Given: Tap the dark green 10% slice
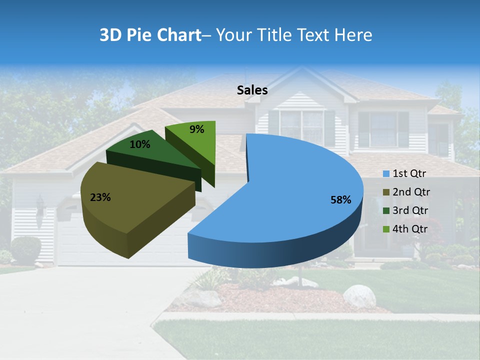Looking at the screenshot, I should [x=150, y=152].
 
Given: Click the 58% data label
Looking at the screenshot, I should [x=341, y=200].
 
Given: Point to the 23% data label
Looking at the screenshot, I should [x=100, y=197].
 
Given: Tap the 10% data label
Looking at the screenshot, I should [x=139, y=144].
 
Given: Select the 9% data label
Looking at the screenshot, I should [x=197, y=129].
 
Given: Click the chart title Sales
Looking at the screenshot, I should [x=252, y=90].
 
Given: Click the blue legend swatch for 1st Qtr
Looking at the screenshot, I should [x=386, y=174].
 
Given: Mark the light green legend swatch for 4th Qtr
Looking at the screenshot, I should [x=386, y=229].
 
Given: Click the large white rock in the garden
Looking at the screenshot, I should [x=359, y=295].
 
